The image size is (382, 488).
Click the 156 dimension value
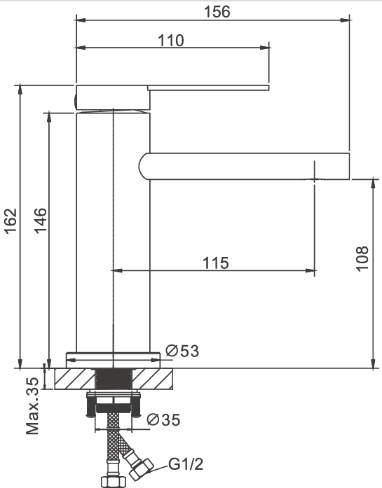[x=217, y=12]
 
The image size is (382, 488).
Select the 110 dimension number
[x=171, y=41]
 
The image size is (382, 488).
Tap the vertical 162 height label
[x=11, y=221]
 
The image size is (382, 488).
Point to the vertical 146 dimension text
[x=41, y=221]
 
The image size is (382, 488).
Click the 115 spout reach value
[x=216, y=263]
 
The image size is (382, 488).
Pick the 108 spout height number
[x=362, y=259]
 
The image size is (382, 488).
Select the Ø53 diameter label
[x=182, y=351]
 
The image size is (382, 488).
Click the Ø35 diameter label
[x=163, y=419]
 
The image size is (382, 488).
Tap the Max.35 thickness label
[x=32, y=406]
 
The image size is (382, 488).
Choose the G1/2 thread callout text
[x=186, y=464]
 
